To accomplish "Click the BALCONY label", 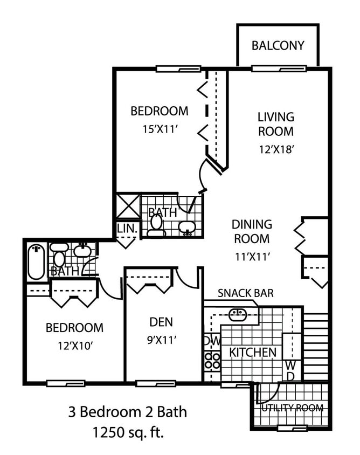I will click(278, 45).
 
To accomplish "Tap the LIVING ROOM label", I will click(275, 124).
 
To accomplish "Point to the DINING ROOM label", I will click(252, 231).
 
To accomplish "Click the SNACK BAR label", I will click(245, 293).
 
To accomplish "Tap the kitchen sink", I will click(238, 314).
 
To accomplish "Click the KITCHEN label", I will click(253, 353).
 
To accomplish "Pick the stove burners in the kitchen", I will click(212, 361).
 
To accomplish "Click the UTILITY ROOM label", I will click(292, 408).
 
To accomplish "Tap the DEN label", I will click(161, 322).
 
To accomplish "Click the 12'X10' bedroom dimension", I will click(74, 346).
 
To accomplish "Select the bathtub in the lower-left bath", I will click(36, 262).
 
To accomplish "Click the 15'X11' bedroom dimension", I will click(160, 129).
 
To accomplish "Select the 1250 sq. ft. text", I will click(127, 432).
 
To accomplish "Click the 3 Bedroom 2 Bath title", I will click(127, 412).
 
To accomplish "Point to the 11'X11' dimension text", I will click(252, 257).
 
